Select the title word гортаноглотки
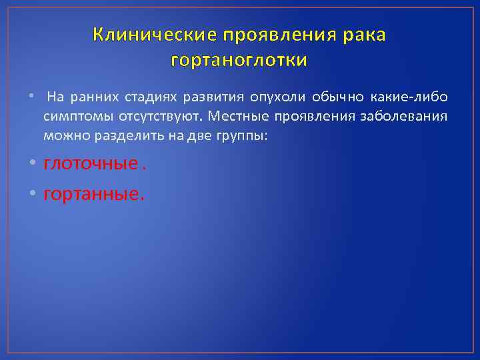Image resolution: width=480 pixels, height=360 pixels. click(x=239, y=61)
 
